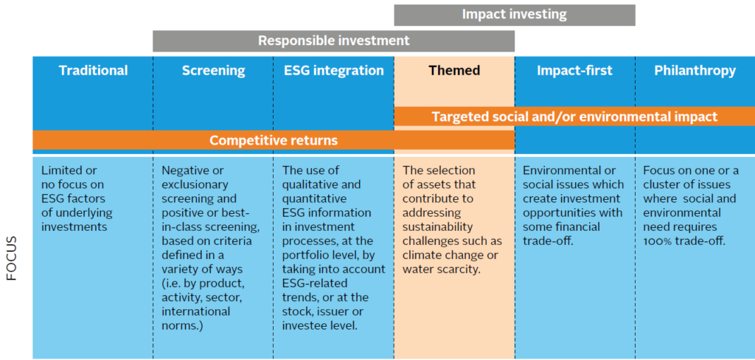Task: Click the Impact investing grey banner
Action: coord(514,15)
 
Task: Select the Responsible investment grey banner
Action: coord(334,41)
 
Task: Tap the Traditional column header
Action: coord(94,71)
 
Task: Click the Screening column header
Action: coord(213,71)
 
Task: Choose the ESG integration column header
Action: coord(333,71)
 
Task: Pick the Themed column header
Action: coord(454,71)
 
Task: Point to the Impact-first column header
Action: coord(575,71)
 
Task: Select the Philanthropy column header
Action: coord(695,71)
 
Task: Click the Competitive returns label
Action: coord(274,140)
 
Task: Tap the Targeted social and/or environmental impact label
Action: coord(574,117)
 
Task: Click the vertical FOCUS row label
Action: coord(12,258)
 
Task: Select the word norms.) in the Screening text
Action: coord(183,325)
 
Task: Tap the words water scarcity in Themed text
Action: coord(442,269)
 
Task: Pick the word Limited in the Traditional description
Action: coord(62,170)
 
